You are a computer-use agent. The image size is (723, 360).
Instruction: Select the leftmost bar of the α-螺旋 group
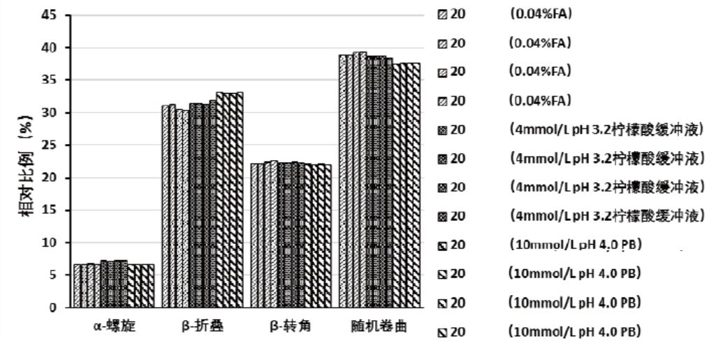77,286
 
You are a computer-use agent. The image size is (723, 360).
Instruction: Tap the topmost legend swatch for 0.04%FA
441,15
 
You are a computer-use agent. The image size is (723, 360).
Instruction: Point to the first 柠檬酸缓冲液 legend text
605,129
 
